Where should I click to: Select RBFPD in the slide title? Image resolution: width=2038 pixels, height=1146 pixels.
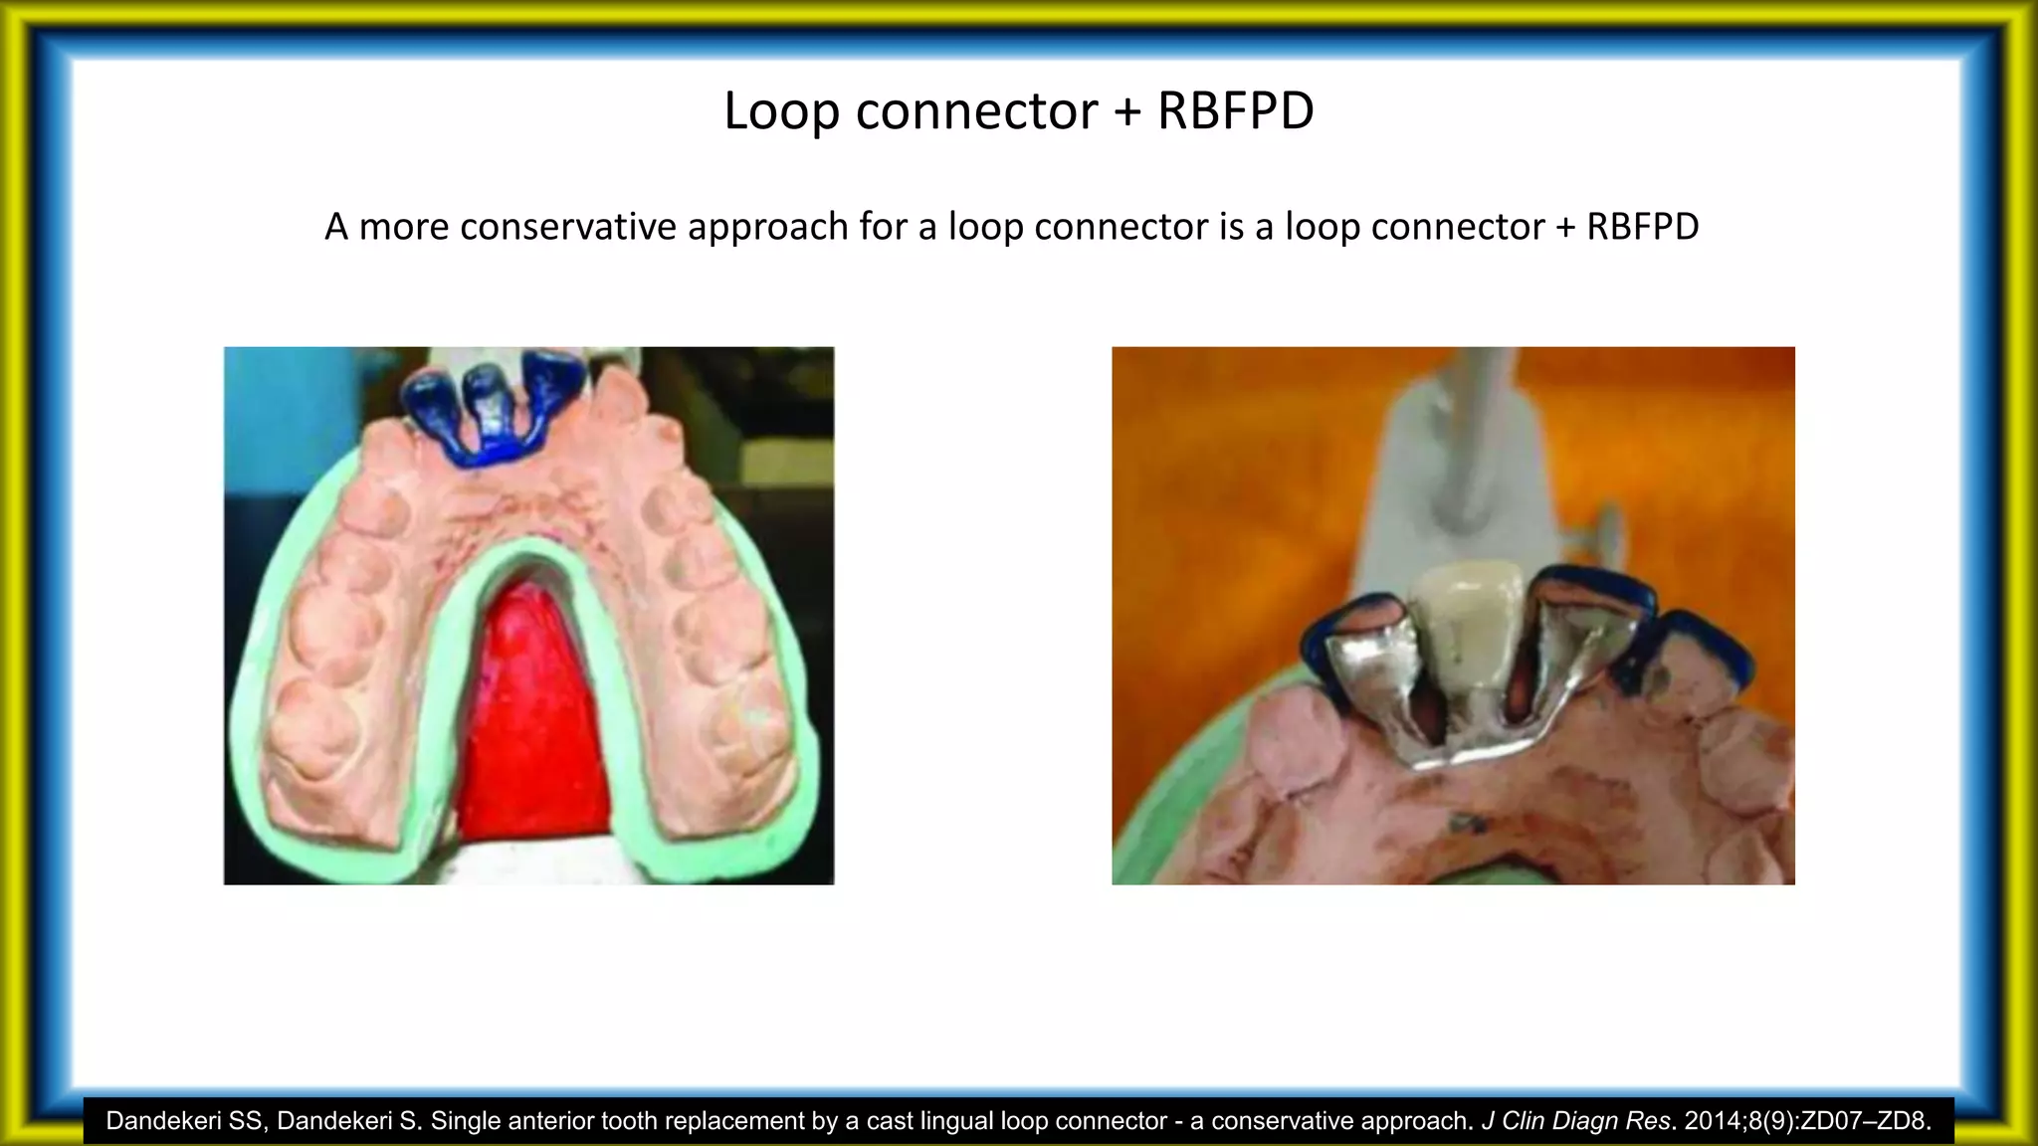click(1235, 111)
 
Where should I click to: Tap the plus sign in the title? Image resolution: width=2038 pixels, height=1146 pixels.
click(1126, 111)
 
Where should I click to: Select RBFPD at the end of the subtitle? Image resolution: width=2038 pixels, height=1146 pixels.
click(1642, 228)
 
